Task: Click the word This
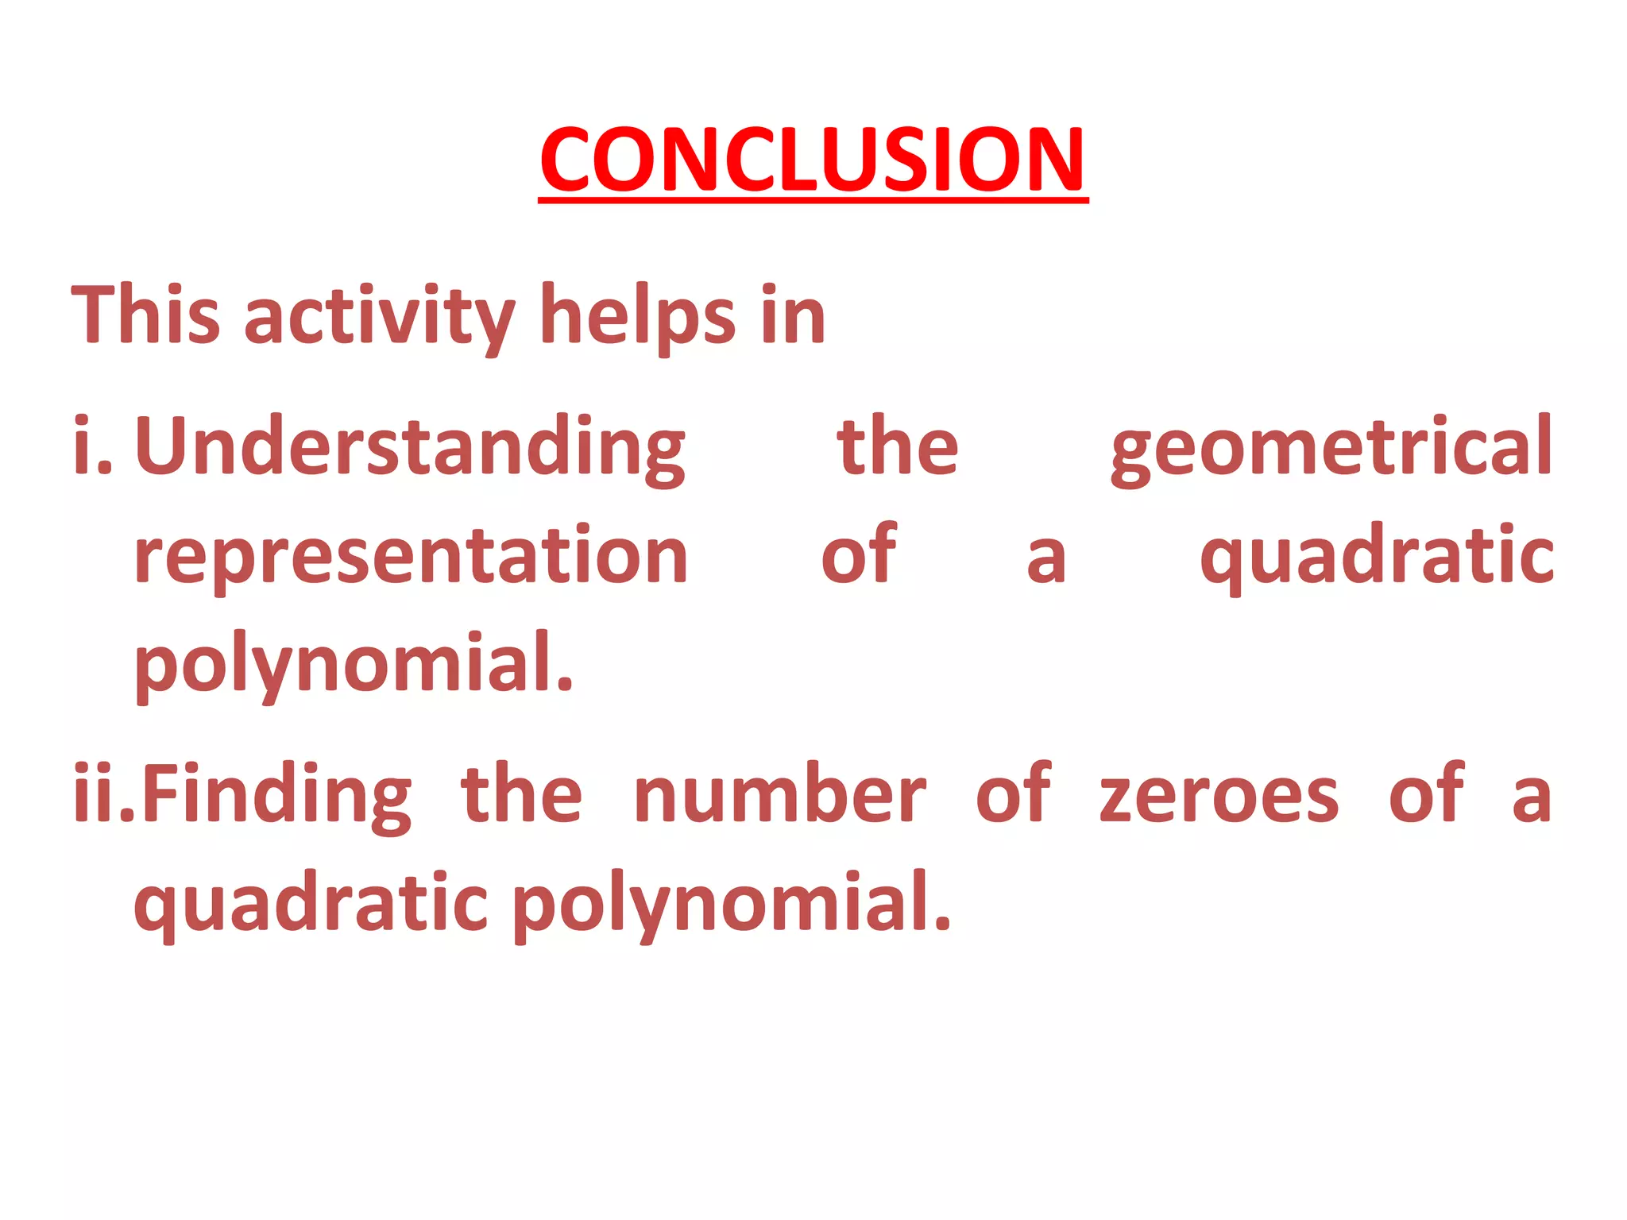145,315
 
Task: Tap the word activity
380,318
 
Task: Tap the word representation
411,556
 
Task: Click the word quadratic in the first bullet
1377,558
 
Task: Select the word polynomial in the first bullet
354,664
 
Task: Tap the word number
779,794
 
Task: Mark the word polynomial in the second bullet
732,904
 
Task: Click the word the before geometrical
898,447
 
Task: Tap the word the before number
522,794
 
